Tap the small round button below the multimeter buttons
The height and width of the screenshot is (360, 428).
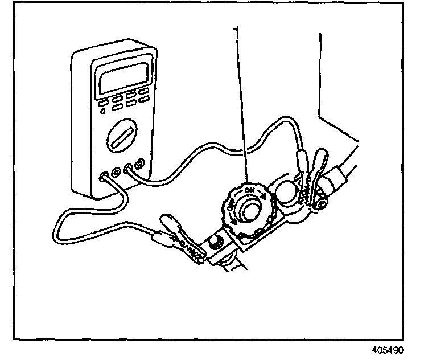point(102,112)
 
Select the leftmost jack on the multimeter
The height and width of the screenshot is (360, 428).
point(104,177)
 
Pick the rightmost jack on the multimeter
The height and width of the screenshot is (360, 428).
point(139,167)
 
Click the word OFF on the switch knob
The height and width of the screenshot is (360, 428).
point(231,212)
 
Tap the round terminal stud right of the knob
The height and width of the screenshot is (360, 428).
point(287,191)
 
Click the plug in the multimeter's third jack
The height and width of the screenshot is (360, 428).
point(129,169)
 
